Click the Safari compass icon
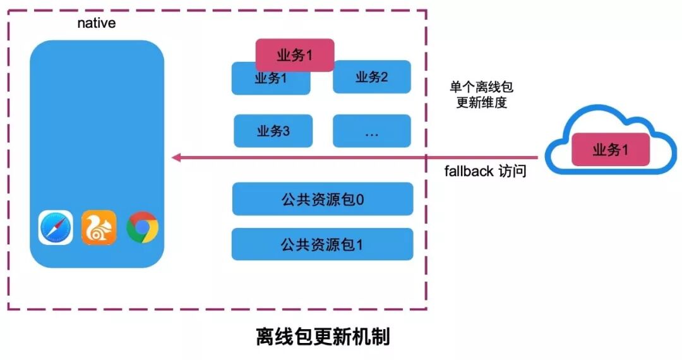pos(56,227)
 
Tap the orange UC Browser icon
pos(99,227)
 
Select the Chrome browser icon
pos(142,227)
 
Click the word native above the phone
pos(96,23)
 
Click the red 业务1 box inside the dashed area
pos(294,56)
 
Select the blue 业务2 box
pos(372,77)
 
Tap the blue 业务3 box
pos(273,131)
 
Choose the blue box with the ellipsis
pos(372,131)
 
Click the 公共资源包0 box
pos(322,200)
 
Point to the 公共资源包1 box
pos(322,244)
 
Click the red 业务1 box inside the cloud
pos(611,150)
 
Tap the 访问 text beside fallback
pos(512,171)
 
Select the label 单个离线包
pos(481,87)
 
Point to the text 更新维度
pos(481,102)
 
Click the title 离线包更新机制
pos(323,336)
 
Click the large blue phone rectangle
pos(96,126)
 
